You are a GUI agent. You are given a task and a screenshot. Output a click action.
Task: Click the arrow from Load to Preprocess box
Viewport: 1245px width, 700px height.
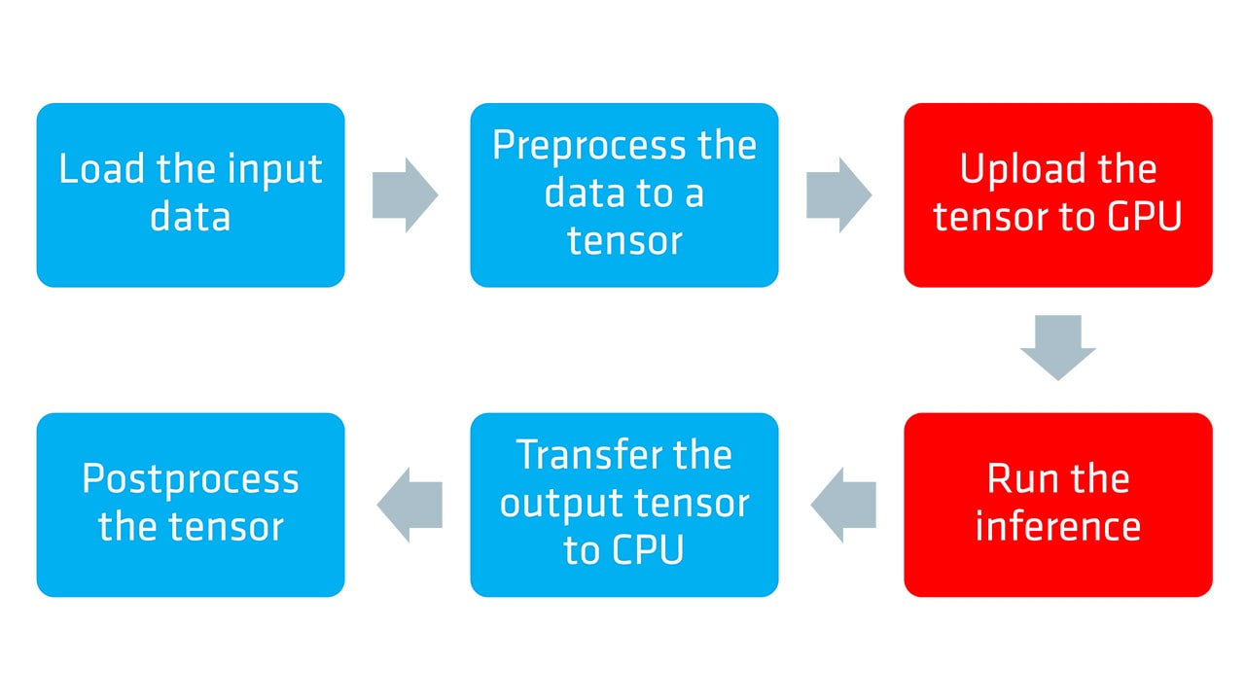coord(405,194)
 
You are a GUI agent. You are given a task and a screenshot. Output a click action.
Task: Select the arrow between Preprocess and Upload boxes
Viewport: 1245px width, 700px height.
coord(838,194)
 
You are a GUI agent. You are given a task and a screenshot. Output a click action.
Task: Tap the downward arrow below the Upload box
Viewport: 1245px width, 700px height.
coord(1057,347)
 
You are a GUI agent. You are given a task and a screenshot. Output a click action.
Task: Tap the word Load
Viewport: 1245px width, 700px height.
coord(101,169)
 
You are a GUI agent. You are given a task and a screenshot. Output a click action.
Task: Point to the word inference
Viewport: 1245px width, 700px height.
coord(1057,527)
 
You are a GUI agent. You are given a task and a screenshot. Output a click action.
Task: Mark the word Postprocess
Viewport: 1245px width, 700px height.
coord(191,479)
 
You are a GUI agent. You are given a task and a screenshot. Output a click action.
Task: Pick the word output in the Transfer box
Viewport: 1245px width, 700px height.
coord(561,504)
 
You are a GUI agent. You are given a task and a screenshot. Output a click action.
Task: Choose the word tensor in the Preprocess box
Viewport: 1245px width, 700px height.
coord(623,241)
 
